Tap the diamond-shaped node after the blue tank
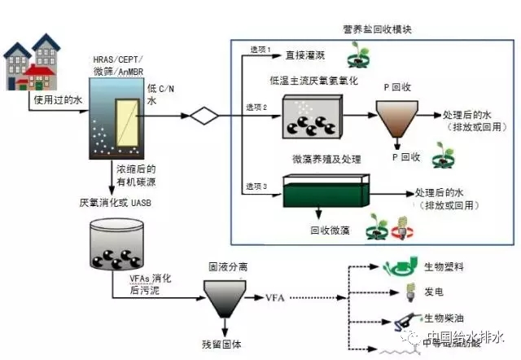click(x=204, y=115)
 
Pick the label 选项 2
click(x=256, y=107)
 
